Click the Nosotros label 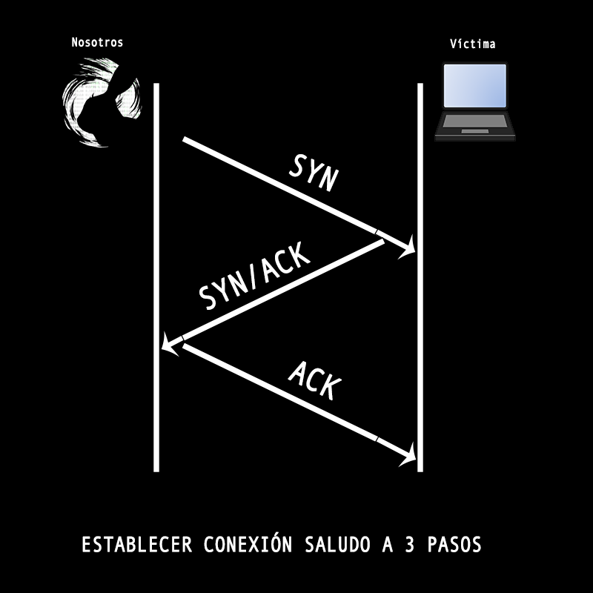(97, 42)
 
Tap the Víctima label (472, 44)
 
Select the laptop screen (474, 86)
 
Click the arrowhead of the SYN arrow (406, 251)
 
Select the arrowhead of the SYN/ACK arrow (172, 344)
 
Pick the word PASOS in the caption (456, 546)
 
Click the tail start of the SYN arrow (185, 140)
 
